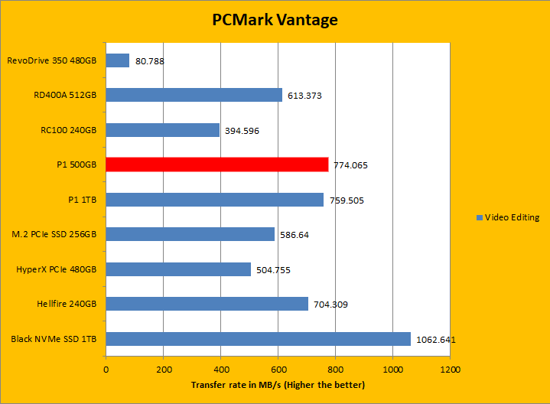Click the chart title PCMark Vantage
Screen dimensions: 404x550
point(275,20)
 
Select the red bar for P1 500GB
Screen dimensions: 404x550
point(216,165)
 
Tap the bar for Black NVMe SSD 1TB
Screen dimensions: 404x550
point(258,339)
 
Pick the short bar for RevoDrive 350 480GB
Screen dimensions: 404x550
point(117,60)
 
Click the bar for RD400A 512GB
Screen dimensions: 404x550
point(194,95)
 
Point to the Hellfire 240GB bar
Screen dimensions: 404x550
point(207,304)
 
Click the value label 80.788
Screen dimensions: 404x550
point(150,60)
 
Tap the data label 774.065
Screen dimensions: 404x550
point(350,165)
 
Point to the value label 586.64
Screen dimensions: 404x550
point(294,235)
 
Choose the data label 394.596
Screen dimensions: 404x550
point(242,131)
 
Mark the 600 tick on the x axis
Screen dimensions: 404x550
point(278,369)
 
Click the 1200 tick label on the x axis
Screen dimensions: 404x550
point(449,369)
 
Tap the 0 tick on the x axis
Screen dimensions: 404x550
point(106,369)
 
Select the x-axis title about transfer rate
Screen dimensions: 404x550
point(278,385)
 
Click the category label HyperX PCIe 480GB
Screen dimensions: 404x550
point(57,269)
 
